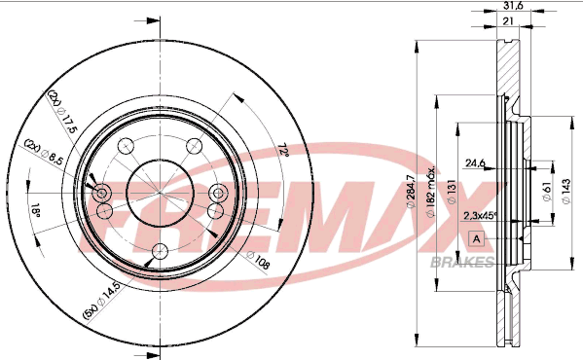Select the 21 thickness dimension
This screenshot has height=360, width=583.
coord(508,21)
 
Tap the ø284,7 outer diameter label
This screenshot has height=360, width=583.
coord(411,192)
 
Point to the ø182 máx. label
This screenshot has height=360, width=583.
coord(431,193)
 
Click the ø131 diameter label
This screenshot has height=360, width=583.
coord(452,192)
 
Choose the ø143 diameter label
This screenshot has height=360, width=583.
coord(566,192)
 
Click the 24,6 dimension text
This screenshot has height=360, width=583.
coord(476,162)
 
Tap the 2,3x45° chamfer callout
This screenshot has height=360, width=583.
coord(480,215)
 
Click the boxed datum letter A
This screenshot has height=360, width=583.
coord(476,238)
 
